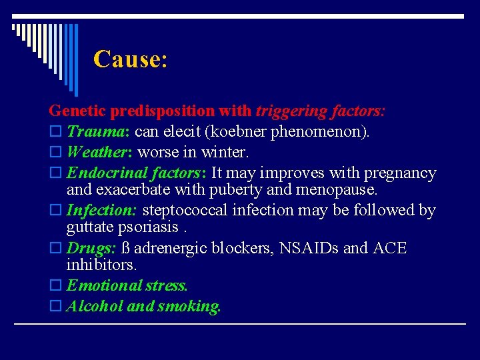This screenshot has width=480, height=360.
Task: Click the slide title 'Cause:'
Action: pyautogui.click(x=130, y=59)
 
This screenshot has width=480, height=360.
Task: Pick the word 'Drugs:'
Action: pyautogui.click(x=91, y=249)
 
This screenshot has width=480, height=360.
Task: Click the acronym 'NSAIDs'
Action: pyautogui.click(x=310, y=249)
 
